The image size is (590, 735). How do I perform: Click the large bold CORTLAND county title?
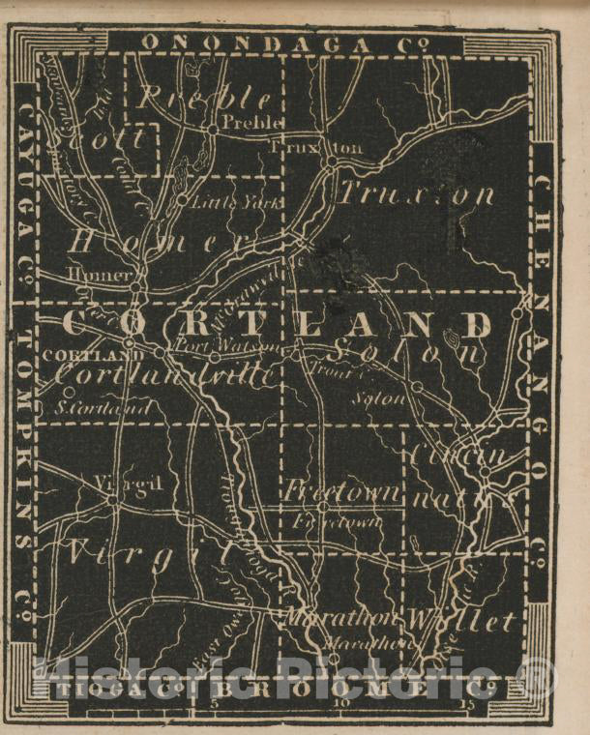pos(280,324)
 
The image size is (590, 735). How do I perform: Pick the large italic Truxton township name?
pos(416,194)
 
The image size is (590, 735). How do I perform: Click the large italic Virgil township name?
pos(150,553)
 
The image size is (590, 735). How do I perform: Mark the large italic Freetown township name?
pos(341,491)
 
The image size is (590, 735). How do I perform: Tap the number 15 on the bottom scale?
pos(466,703)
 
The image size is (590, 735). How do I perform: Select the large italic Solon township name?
pos(406,352)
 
